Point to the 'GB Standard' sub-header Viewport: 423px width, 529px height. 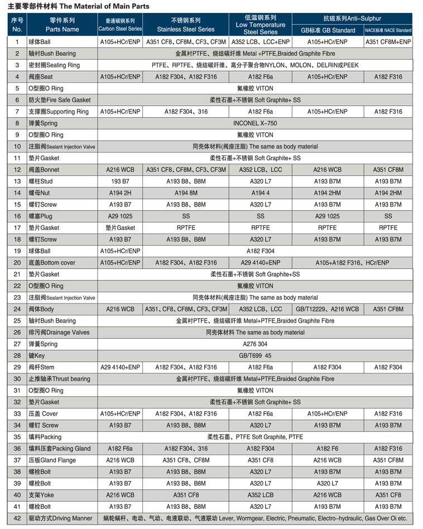pyautogui.click(x=328, y=30)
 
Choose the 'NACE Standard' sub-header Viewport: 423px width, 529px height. pyautogui.click(x=388, y=30)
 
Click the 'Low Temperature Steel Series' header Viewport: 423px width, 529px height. pyautogui.click(x=260, y=25)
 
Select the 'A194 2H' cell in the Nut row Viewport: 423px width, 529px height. pyautogui.click(x=120, y=193)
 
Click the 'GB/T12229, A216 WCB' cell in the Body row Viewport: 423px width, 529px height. pyautogui.click(x=328, y=309)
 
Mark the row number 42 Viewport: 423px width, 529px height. pyautogui.click(x=17, y=518)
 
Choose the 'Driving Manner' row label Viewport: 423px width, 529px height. pyautogui.click(x=62, y=518)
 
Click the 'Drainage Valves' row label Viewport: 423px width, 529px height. pyautogui.click(x=59, y=333)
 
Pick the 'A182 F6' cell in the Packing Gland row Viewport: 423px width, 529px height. pyautogui.click(x=328, y=449)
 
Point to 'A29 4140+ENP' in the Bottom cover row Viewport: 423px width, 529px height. pyautogui.click(x=260, y=263)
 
